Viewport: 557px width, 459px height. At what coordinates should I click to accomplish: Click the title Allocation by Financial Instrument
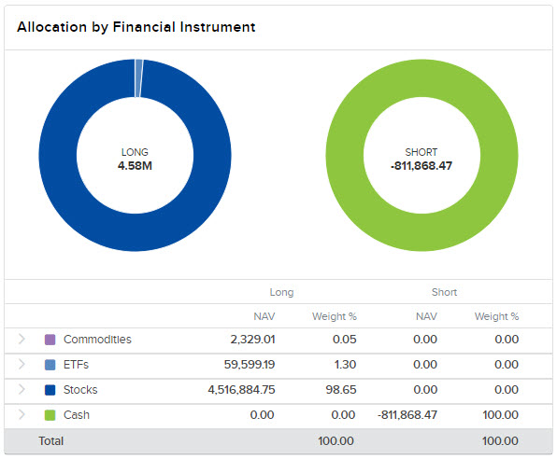click(x=136, y=27)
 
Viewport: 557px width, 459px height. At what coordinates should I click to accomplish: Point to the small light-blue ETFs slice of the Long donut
click(x=139, y=65)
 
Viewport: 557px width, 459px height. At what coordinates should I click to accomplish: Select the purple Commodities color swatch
click(x=50, y=340)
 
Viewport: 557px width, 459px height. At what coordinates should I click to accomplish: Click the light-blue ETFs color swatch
click(x=50, y=365)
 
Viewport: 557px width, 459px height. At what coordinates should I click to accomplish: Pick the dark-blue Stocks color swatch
click(x=50, y=390)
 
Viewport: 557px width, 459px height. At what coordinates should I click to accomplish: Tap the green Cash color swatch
click(x=50, y=415)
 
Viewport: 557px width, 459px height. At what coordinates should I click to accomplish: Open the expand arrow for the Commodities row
click(x=21, y=340)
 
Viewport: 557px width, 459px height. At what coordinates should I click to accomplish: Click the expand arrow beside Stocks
click(x=21, y=390)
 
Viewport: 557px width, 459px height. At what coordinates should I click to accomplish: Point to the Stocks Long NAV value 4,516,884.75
click(x=235, y=390)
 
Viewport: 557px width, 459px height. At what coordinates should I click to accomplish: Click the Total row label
click(x=50, y=440)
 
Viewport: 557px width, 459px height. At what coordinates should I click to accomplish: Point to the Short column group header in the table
click(x=444, y=292)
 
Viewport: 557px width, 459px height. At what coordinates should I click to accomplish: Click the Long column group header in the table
click(x=281, y=292)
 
